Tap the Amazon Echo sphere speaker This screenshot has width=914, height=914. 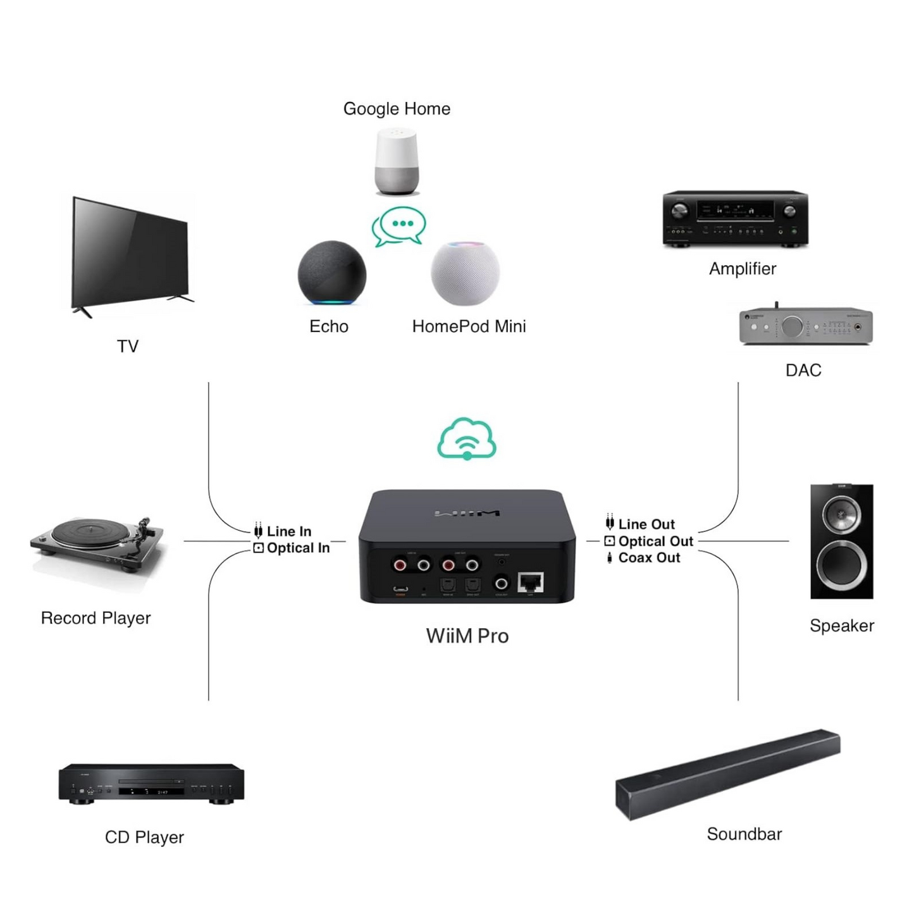(331, 273)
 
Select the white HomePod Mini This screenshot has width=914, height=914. (465, 273)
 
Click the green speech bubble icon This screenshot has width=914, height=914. (399, 226)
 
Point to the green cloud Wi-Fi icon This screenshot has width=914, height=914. (467, 438)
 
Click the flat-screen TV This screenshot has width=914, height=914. (132, 256)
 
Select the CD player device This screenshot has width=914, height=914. (151, 783)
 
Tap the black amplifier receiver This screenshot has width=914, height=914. (735, 218)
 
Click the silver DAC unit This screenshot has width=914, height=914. (806, 326)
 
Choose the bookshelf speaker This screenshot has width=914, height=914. (841, 541)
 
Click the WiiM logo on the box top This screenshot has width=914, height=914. (467, 513)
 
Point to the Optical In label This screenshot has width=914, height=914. (298, 548)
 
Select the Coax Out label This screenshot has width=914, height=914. (649, 558)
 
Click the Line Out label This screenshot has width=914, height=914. (646, 524)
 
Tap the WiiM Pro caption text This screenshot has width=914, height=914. (467, 636)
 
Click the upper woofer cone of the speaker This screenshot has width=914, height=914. (841, 514)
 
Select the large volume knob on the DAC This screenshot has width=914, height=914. (792, 326)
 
